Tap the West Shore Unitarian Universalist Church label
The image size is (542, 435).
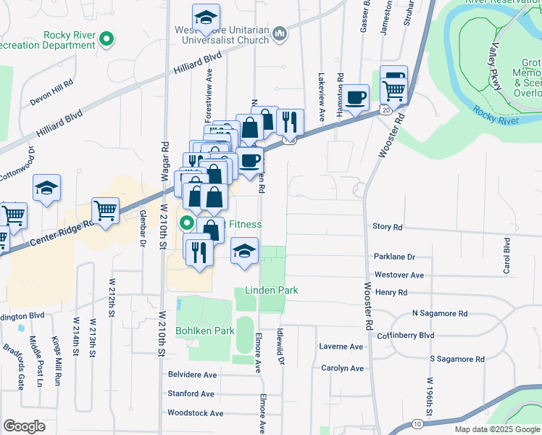[x=230, y=35]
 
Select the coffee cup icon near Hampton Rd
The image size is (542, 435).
[x=355, y=97]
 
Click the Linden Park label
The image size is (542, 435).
[x=272, y=291]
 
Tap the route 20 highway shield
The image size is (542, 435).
[x=383, y=109]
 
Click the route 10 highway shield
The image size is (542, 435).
[x=416, y=423]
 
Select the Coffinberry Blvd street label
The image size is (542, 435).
[x=405, y=336]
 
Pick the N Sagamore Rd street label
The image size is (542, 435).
[x=439, y=314]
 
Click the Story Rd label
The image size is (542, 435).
[x=387, y=227]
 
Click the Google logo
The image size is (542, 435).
[x=24, y=426]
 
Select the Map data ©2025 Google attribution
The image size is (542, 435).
[x=498, y=429]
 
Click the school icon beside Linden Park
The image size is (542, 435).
[x=245, y=251]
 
